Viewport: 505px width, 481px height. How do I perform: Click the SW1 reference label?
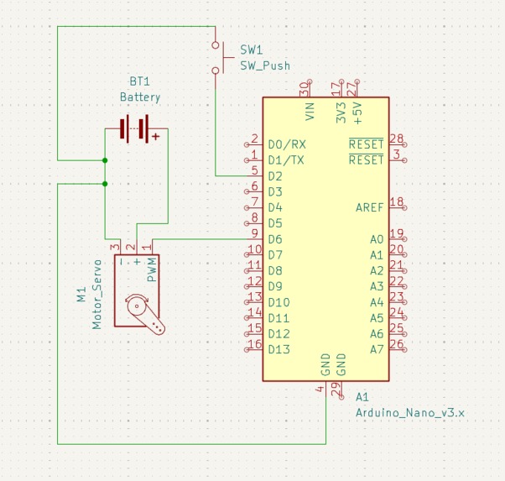point(251,50)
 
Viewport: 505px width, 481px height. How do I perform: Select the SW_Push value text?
point(265,65)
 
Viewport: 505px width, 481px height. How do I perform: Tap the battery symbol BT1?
point(134,128)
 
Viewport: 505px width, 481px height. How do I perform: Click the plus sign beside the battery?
point(156,137)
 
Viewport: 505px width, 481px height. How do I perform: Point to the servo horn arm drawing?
point(145,313)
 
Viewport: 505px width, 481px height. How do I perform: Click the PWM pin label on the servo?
point(152,269)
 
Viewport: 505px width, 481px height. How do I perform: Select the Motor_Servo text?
point(96,295)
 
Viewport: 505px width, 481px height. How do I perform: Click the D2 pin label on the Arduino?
point(275,176)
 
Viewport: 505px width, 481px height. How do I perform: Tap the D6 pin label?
point(275,239)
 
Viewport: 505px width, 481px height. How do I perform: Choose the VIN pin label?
point(310,112)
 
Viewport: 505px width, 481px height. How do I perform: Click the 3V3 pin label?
point(341,112)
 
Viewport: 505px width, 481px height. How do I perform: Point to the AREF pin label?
point(369,207)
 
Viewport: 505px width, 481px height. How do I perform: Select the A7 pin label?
point(377,349)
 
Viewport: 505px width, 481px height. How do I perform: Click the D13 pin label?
point(279,349)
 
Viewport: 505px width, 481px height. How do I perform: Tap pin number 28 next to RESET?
point(396,139)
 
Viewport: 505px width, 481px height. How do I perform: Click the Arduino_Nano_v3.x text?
point(409,413)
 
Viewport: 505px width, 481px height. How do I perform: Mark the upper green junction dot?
point(105,160)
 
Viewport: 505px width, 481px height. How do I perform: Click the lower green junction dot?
point(105,184)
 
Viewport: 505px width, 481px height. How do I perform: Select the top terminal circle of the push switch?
point(216,45)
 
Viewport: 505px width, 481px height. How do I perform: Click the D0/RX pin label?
point(287,144)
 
